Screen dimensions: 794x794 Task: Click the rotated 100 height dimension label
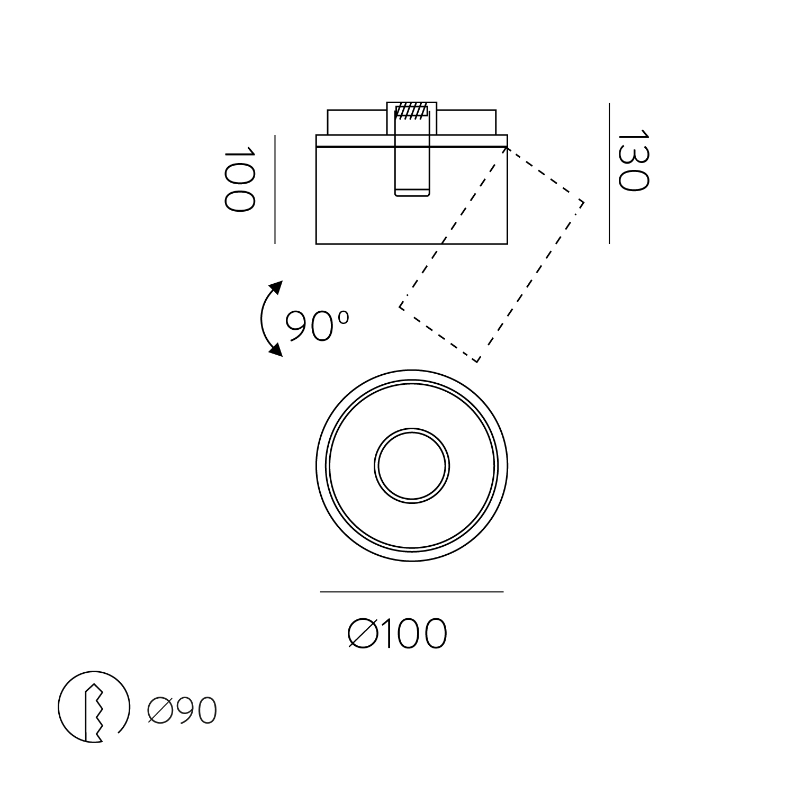[239, 179]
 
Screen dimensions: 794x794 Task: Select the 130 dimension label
[633, 160]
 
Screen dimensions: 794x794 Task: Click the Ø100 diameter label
[398, 633]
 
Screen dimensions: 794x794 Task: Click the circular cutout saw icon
[93, 707]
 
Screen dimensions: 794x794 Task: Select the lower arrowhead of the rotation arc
[275, 349]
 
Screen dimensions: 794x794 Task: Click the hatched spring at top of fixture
[412, 112]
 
